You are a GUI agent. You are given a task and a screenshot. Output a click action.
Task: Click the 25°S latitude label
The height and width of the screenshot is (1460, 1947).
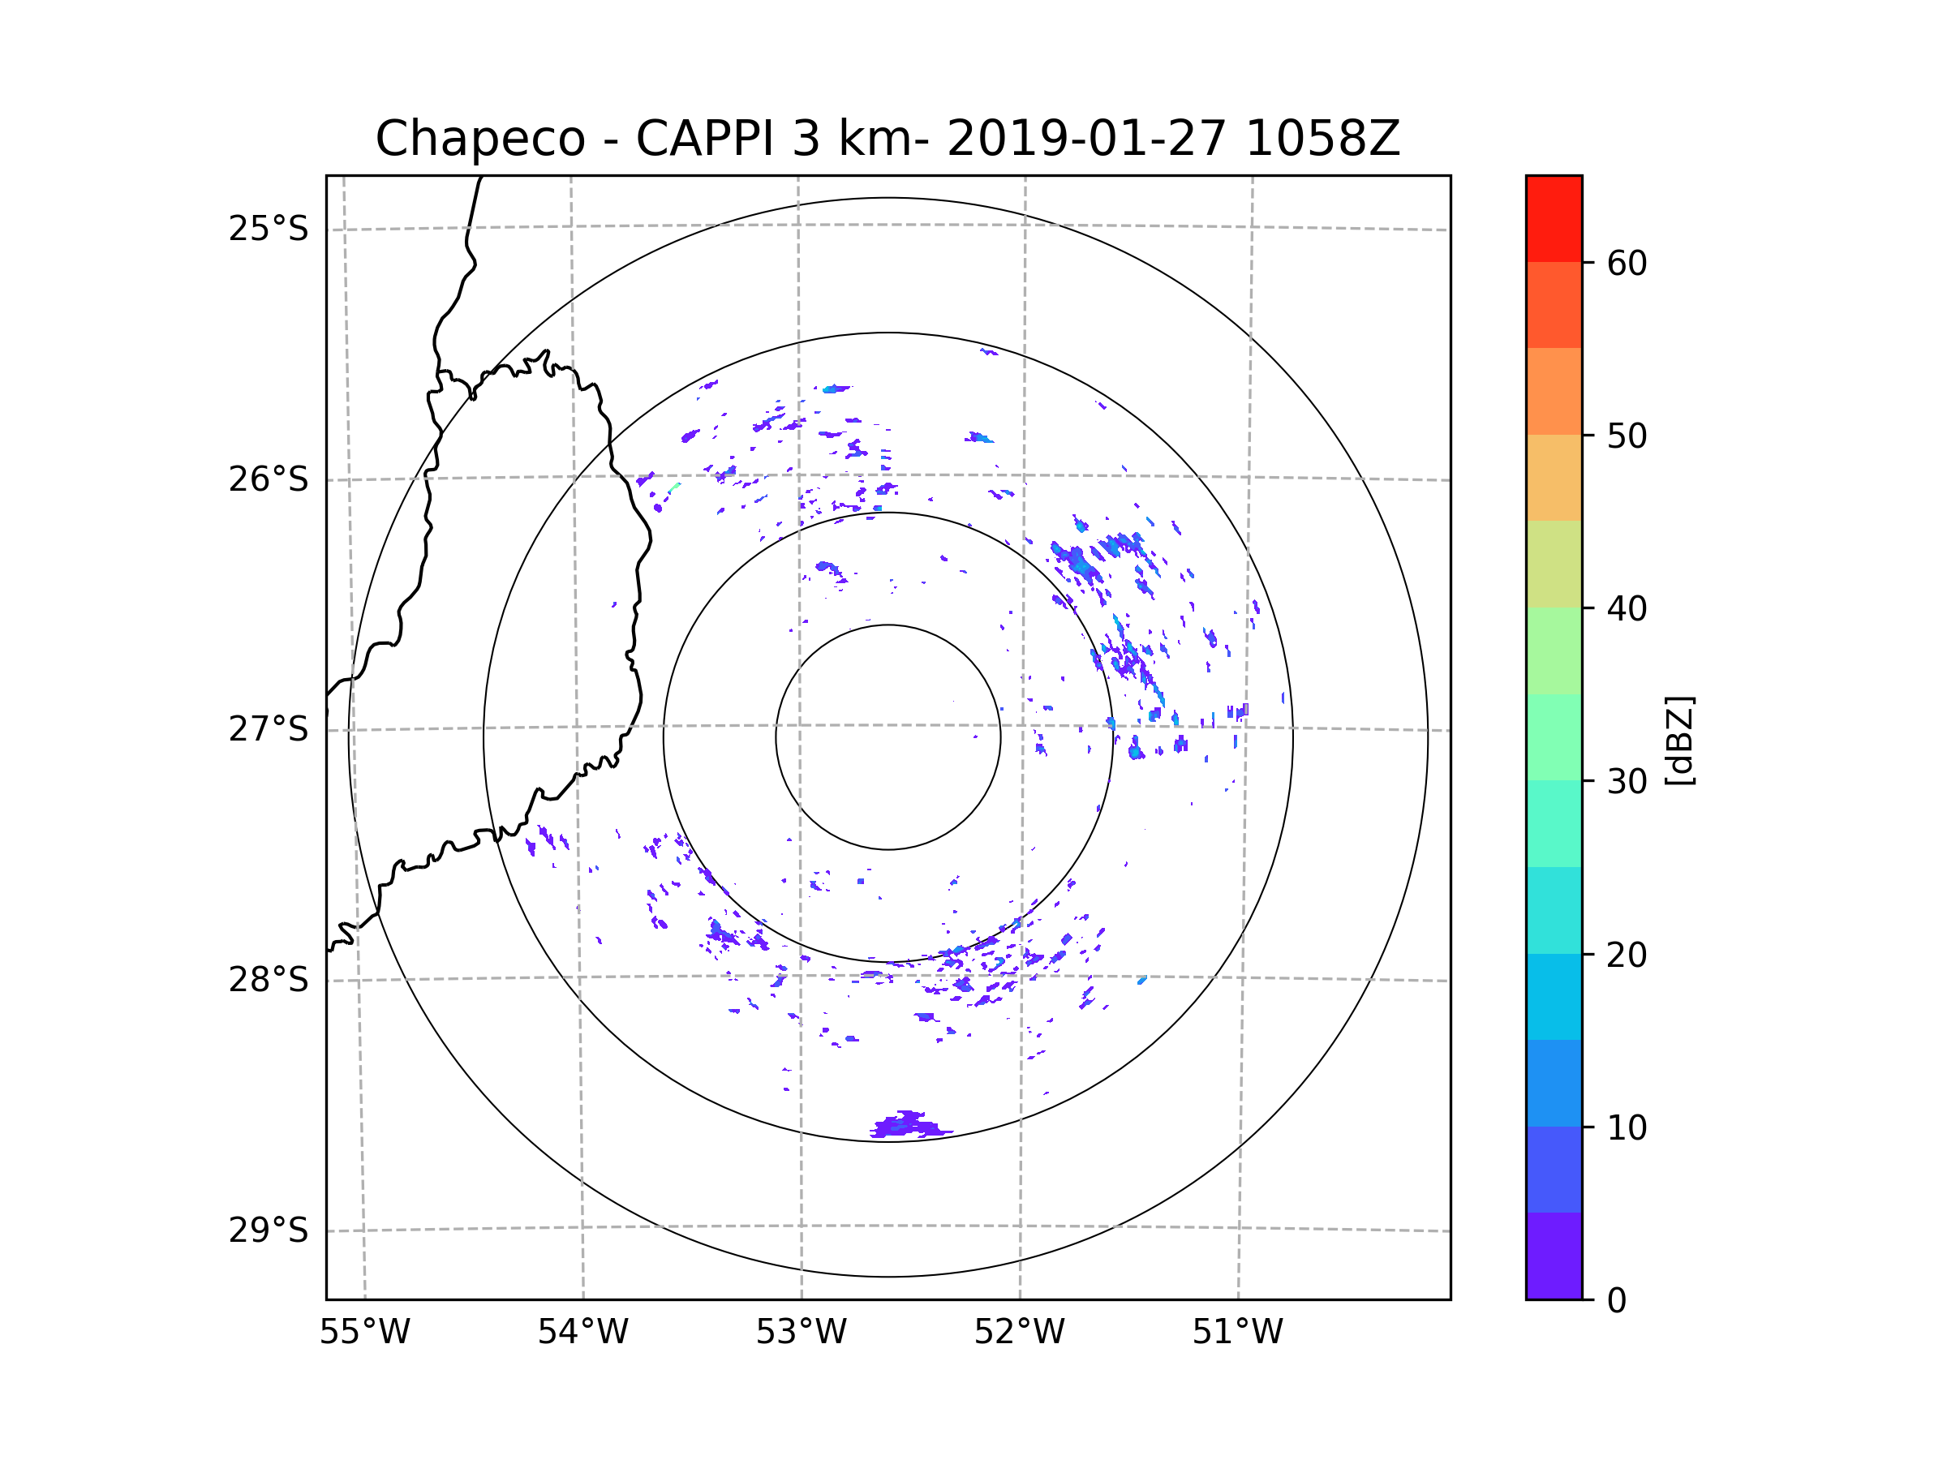pos(269,229)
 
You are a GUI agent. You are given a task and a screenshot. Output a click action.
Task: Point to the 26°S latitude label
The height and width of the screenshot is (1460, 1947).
pos(269,479)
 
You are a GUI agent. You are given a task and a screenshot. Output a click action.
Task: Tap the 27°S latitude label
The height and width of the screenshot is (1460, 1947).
pos(269,729)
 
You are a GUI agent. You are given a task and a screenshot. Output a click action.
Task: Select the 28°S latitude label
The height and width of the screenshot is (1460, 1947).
pos(269,980)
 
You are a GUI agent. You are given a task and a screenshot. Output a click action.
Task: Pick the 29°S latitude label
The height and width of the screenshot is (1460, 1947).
pos(269,1230)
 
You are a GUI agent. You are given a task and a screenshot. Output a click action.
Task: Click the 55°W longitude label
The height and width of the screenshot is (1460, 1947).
pos(364,1333)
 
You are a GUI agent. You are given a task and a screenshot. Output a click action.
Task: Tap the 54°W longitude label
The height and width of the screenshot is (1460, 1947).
pos(582,1333)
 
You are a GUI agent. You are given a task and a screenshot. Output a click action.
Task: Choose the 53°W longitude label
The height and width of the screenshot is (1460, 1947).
pos(801,1333)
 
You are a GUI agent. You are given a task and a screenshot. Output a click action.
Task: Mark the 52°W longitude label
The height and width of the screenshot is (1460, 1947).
pos(1019,1333)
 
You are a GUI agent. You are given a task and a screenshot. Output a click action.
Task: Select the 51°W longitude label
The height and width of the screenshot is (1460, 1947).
pos(1237,1333)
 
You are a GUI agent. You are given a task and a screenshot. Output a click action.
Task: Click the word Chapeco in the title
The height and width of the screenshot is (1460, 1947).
pos(479,139)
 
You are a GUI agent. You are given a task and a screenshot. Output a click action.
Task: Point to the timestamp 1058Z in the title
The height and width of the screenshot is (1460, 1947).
pos(1322,139)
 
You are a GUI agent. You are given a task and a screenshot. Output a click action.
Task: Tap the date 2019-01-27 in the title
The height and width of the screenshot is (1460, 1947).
pos(1086,139)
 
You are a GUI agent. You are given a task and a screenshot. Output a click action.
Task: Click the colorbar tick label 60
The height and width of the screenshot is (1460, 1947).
pos(1627,263)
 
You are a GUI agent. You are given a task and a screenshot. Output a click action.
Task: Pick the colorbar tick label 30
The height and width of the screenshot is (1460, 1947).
pos(1627,781)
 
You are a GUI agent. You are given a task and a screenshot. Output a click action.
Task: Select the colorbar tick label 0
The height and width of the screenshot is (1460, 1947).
pos(1617,1301)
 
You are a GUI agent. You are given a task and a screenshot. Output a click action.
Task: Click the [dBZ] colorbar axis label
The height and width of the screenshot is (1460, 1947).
pos(1679,741)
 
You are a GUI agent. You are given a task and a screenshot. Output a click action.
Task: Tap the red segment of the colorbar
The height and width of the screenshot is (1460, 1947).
pos(1554,218)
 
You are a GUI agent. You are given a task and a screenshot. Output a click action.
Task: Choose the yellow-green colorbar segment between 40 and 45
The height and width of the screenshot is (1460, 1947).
pos(1554,564)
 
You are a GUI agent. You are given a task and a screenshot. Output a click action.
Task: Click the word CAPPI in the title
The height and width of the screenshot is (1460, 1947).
pos(704,139)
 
